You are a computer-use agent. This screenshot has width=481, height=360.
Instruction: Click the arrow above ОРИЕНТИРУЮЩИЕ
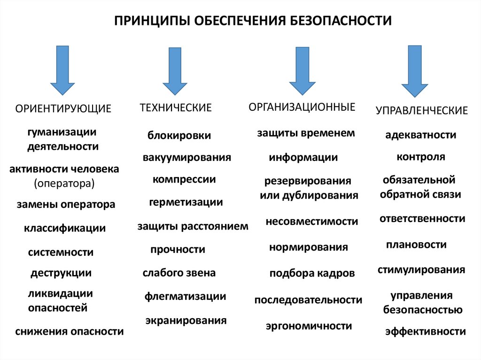click(62, 69)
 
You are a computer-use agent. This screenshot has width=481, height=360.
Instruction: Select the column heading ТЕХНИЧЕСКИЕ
click(176, 108)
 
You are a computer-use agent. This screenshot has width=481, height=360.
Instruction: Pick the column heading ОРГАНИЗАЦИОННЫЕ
click(302, 107)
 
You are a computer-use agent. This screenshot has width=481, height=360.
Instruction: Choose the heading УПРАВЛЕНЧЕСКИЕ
click(422, 111)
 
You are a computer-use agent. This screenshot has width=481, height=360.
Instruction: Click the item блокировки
click(179, 136)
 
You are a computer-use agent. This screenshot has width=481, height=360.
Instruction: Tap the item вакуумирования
click(187, 157)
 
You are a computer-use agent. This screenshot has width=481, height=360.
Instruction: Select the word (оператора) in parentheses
click(64, 183)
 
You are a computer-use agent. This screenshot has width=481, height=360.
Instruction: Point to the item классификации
click(65, 229)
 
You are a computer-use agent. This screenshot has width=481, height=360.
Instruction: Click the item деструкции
click(61, 273)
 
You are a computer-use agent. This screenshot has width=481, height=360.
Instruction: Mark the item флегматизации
click(186, 296)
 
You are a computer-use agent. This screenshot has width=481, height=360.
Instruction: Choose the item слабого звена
click(179, 273)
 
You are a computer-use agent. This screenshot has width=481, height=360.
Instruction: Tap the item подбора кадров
click(312, 273)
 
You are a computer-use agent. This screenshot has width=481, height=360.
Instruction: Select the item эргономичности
click(309, 325)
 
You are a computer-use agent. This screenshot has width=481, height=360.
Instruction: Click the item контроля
click(421, 157)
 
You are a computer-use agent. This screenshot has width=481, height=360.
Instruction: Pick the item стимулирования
click(421, 270)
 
